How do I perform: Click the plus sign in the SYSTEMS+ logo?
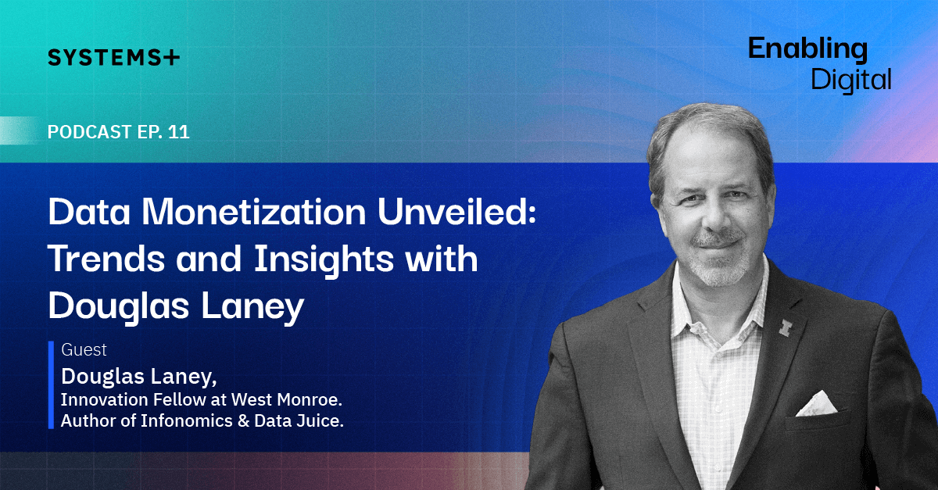pos(171,57)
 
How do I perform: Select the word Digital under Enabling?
pos(851,80)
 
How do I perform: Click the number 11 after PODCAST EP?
pos(179,132)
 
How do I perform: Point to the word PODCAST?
pos(90,132)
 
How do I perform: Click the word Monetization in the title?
pos(254,212)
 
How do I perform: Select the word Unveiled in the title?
pos(456,211)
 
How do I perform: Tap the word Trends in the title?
pos(106,259)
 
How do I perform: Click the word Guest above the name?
pos(84,349)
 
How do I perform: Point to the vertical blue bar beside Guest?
pos(51,384)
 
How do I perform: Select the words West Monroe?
pos(286,399)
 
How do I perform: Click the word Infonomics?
pos(186,420)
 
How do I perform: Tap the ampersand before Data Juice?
pos(243,421)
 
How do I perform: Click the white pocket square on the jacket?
pos(816,404)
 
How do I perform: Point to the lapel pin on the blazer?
pos(784,327)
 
